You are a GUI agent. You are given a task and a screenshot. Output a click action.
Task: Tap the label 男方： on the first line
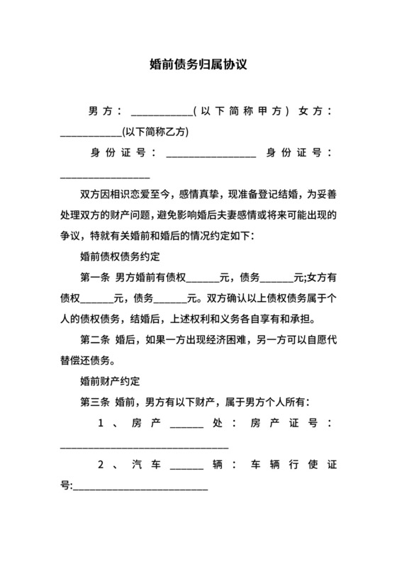pyautogui.click(x=106, y=112)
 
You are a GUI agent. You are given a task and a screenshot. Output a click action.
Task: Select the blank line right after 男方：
pyautogui.click(x=162, y=113)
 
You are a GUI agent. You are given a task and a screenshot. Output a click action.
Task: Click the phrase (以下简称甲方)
pyautogui.click(x=242, y=112)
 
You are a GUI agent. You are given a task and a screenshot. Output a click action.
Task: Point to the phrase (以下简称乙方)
pyautogui.click(x=155, y=131)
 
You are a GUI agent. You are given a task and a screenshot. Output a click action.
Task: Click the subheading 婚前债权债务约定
pyautogui.click(x=121, y=256)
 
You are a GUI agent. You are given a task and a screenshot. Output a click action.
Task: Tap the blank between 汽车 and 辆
pyautogui.click(x=187, y=467)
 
